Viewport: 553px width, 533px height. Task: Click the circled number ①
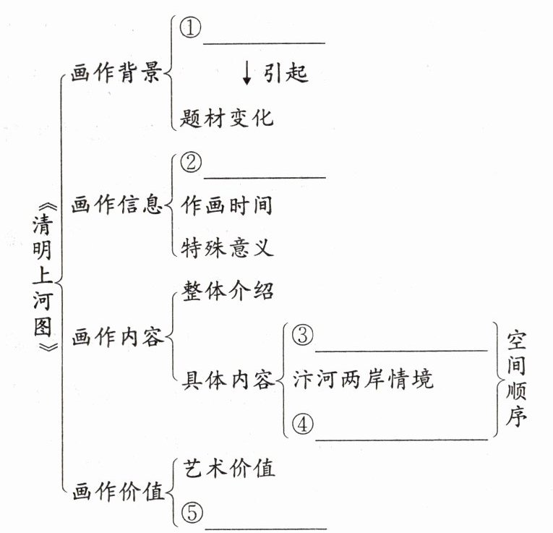tap(190, 30)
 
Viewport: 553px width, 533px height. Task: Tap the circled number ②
tap(190, 165)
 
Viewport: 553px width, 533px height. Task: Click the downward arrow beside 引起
tap(247, 74)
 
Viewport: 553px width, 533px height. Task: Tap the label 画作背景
tap(116, 74)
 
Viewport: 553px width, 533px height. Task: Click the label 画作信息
tap(116, 205)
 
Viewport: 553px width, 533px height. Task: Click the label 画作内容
tap(116, 337)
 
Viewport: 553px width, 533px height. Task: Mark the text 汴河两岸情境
tap(363, 380)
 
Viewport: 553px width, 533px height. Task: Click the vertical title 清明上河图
tap(43, 278)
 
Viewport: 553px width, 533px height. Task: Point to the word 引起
tap(286, 74)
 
